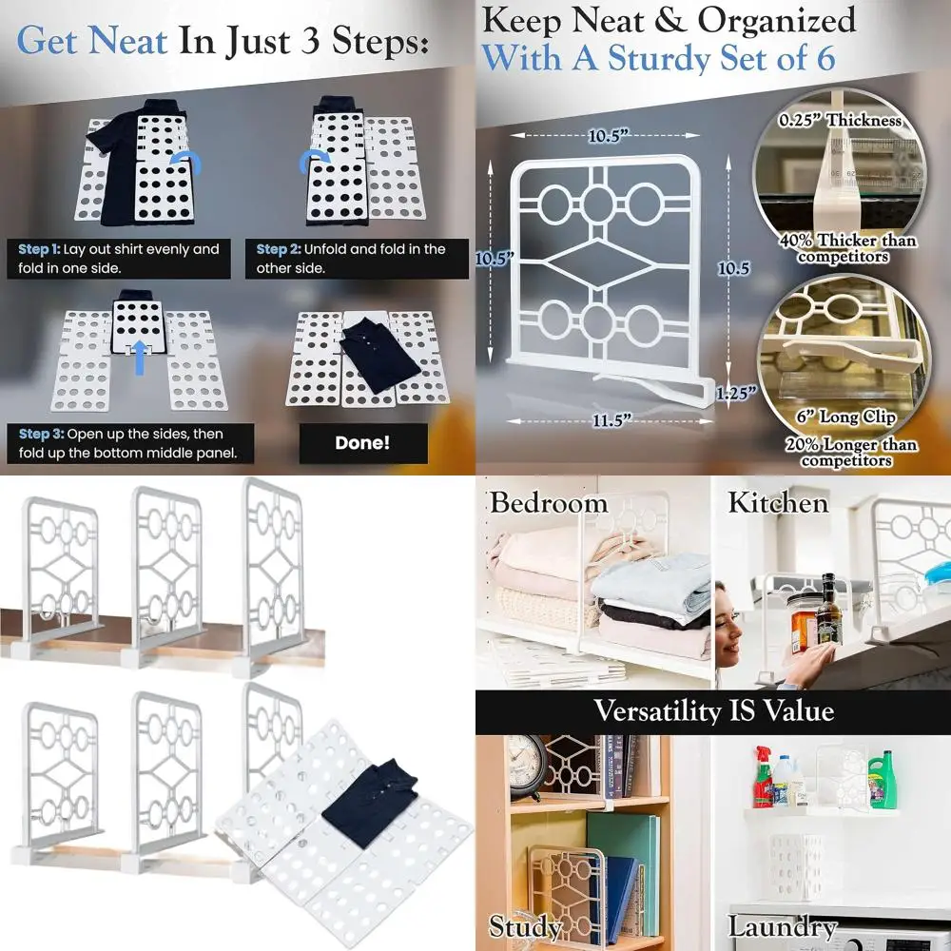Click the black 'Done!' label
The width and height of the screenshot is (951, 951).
pos(362,442)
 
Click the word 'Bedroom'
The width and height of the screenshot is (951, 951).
pos(548,502)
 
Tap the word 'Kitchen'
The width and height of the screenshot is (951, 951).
pos(778,502)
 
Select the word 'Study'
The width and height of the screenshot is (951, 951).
pos(524,926)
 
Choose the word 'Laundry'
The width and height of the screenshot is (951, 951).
pos(782,926)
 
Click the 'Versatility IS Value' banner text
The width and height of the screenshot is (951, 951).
pos(713,710)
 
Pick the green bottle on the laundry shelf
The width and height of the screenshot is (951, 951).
pos(883,777)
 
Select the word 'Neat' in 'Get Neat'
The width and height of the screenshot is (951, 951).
pos(126,42)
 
